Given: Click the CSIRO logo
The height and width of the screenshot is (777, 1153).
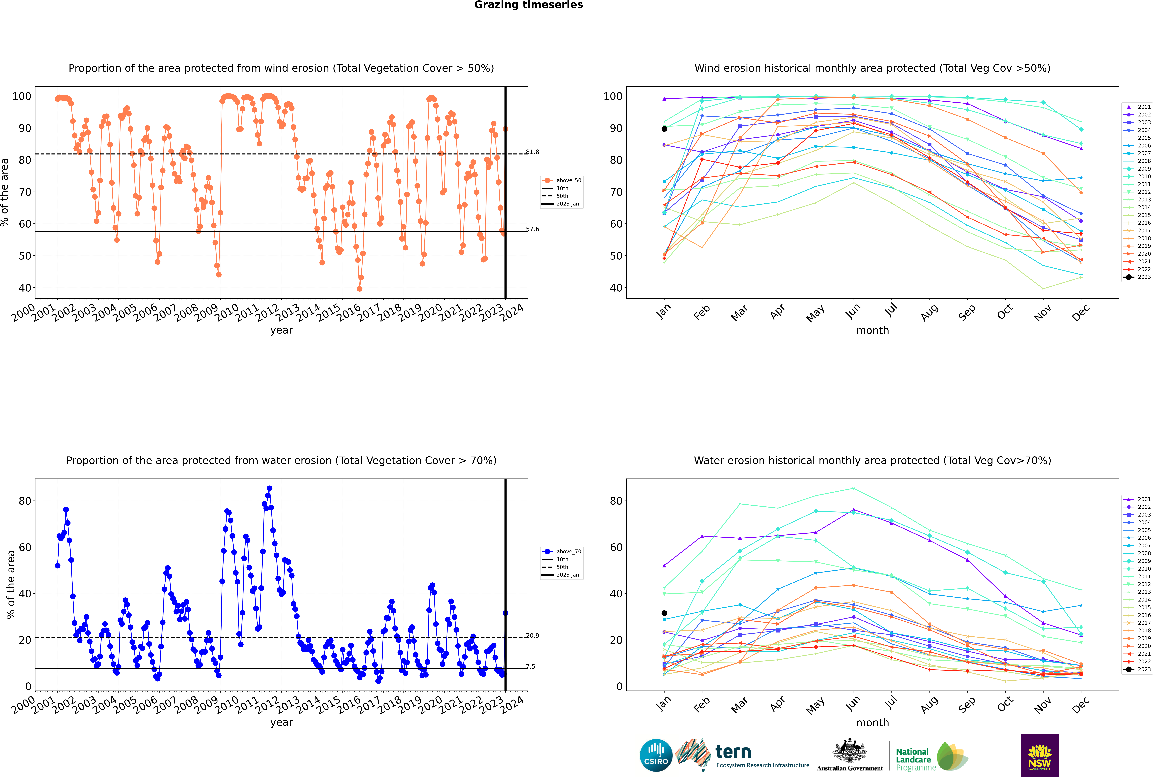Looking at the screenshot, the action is tap(656, 755).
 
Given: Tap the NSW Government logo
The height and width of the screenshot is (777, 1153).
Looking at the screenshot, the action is tap(1039, 755).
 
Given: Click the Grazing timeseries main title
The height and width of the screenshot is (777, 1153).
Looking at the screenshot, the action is tap(528, 5).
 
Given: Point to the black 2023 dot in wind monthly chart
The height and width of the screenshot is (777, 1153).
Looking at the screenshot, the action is tap(664, 129).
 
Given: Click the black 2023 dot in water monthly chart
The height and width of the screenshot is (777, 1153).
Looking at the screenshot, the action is tap(664, 613).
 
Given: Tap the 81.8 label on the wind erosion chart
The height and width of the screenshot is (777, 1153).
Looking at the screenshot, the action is tap(533, 152).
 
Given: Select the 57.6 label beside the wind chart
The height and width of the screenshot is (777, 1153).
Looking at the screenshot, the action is tap(533, 229).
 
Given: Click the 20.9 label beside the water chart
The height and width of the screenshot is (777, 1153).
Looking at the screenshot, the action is tap(533, 635).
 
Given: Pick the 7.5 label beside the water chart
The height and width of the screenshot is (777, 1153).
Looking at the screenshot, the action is tap(531, 666).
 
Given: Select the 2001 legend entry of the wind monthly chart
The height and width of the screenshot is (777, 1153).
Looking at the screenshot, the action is tap(1137, 107).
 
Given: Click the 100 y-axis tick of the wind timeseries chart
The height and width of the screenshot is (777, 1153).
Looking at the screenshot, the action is tap(21, 96).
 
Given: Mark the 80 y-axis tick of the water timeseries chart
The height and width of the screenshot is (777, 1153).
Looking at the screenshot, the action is tap(25, 501).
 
